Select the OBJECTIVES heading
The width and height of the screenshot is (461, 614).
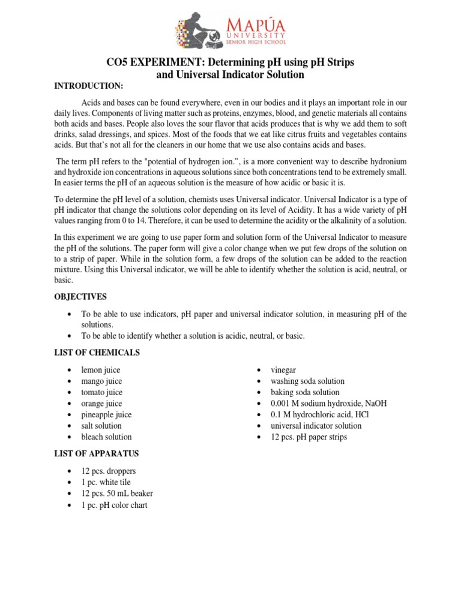[80, 297]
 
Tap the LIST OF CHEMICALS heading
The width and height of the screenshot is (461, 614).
[96, 352]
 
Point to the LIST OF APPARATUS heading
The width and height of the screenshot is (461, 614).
[97, 454]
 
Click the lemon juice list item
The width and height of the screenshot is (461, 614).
[101, 371]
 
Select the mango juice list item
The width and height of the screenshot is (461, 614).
[101, 381]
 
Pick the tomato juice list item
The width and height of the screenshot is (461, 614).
[101, 393]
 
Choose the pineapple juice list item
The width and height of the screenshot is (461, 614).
[106, 415]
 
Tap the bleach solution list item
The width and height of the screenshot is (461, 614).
[106, 437]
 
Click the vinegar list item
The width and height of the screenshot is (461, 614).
[283, 371]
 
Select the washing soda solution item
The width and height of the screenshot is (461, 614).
[307, 381]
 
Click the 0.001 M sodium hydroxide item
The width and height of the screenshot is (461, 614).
[328, 404]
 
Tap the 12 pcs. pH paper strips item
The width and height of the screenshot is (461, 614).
[309, 437]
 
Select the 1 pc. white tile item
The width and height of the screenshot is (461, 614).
[106, 483]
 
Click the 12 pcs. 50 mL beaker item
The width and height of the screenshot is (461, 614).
[117, 493]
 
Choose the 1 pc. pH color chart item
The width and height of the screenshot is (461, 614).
[114, 505]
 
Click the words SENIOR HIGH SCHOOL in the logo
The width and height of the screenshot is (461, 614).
[256, 43]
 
